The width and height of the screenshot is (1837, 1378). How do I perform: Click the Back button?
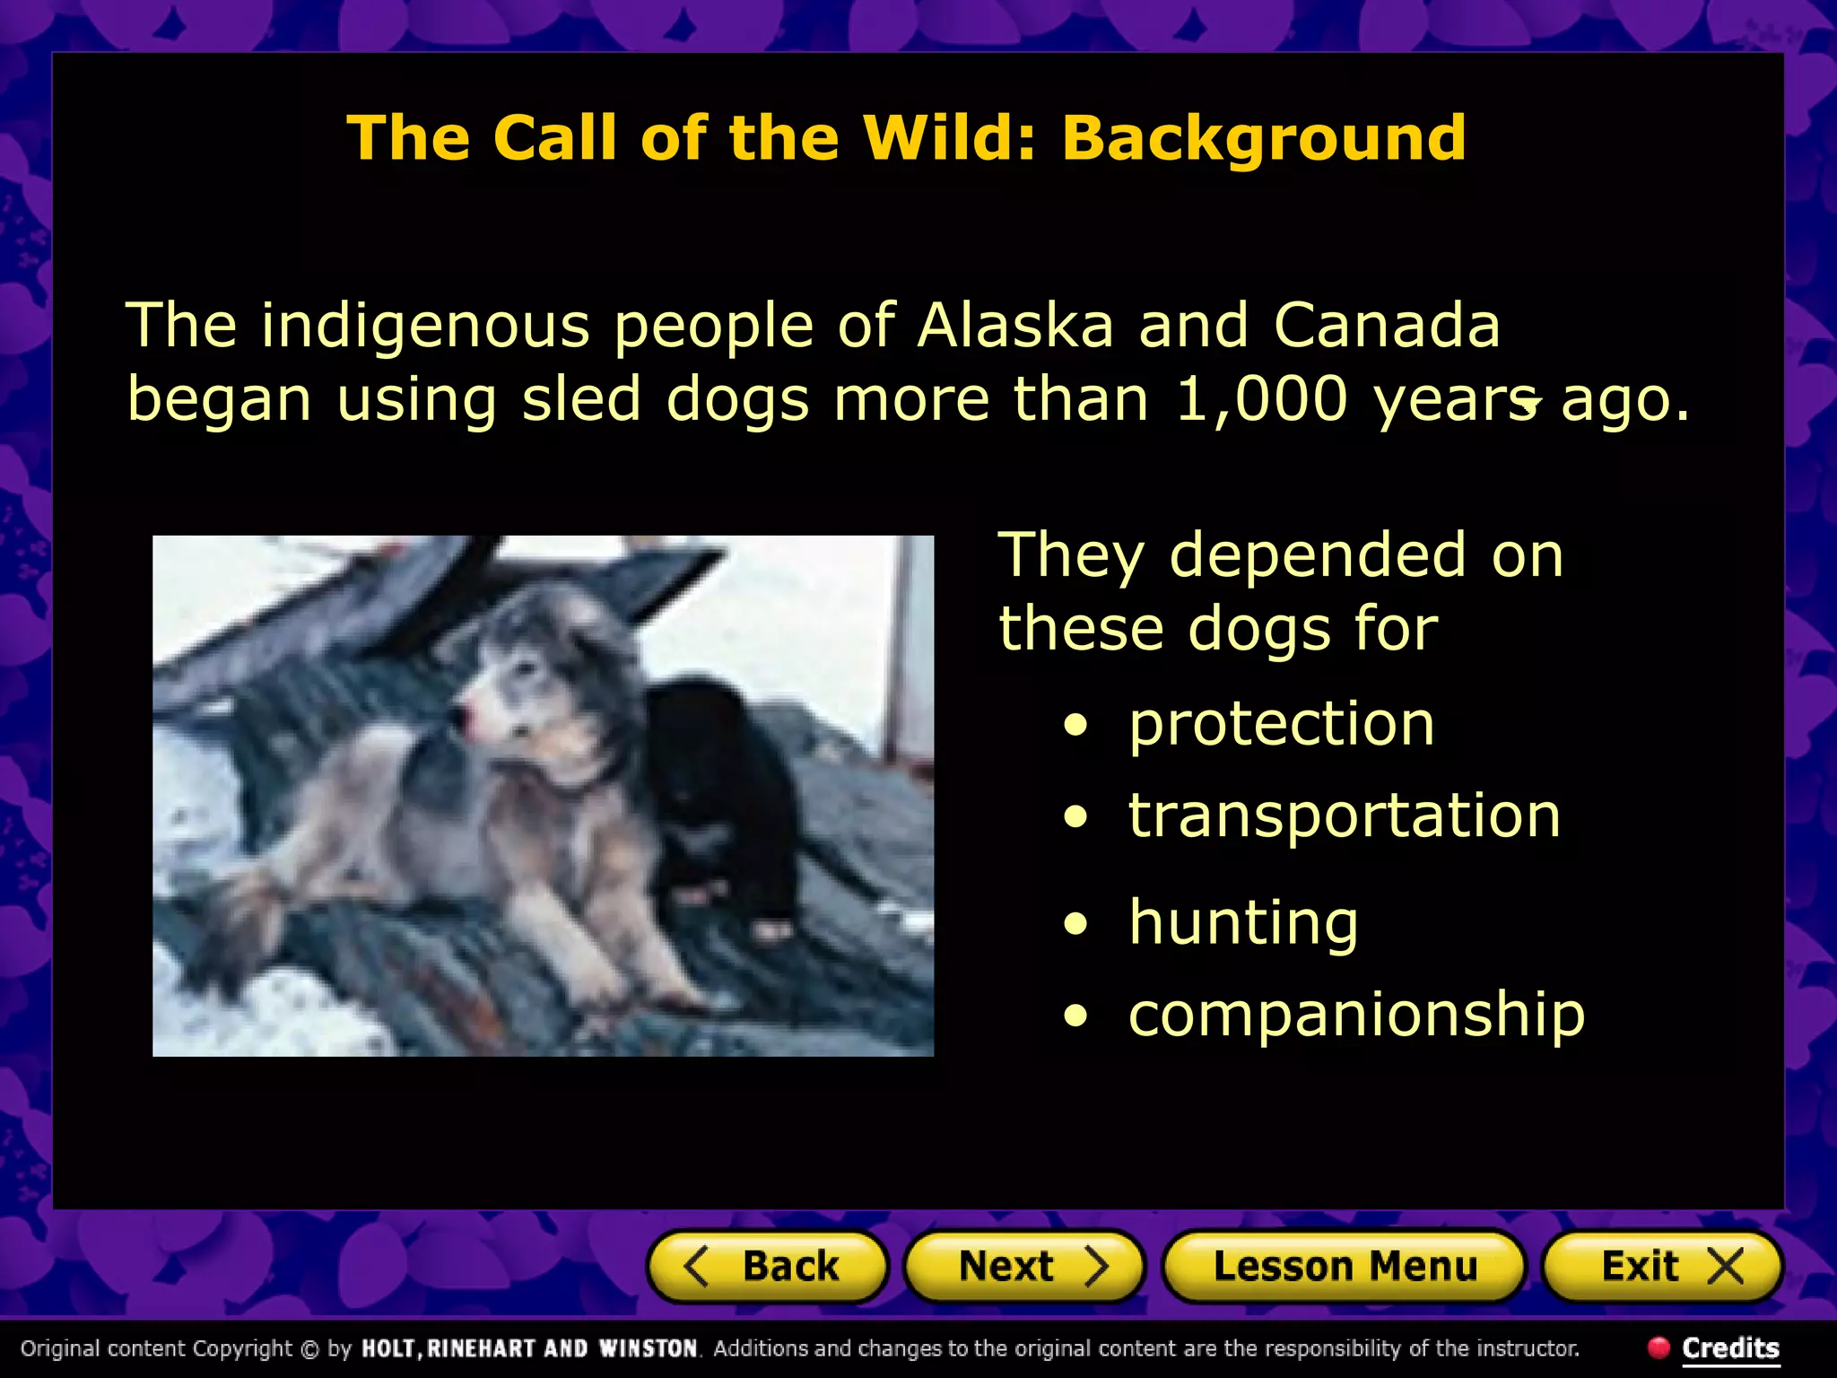(x=767, y=1267)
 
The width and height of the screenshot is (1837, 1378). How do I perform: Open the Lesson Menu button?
(x=1344, y=1267)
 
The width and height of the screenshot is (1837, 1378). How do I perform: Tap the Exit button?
(x=1662, y=1267)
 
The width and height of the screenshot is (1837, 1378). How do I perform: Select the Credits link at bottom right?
(x=1730, y=1347)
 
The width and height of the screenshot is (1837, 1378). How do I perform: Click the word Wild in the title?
(x=949, y=138)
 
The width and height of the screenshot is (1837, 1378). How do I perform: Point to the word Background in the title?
(x=1264, y=138)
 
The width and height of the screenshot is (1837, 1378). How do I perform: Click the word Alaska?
(x=1015, y=325)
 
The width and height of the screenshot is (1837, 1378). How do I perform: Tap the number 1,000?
(x=1261, y=398)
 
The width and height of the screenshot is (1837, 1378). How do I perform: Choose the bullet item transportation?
(x=1344, y=815)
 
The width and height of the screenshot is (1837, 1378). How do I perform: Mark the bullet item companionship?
(x=1356, y=1015)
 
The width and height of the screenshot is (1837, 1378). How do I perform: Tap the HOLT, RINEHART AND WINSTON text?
(x=529, y=1348)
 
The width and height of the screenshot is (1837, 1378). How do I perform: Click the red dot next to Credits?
(x=1659, y=1347)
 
